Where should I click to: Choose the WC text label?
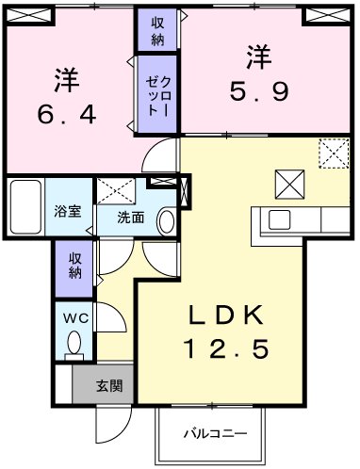click(x=74, y=318)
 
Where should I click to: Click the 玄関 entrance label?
click(x=109, y=384)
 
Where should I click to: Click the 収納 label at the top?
click(x=156, y=30)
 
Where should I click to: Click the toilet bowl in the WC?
click(x=74, y=345)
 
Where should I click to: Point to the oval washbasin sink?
click(x=166, y=220)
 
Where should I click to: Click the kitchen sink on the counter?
click(x=280, y=219)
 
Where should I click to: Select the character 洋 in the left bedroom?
click(x=65, y=78)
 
